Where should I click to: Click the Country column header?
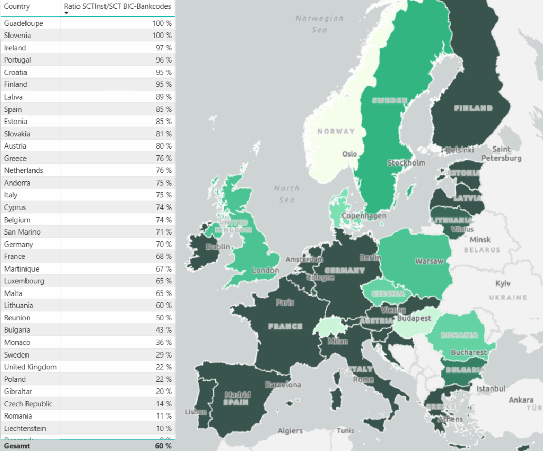click(x=17, y=7)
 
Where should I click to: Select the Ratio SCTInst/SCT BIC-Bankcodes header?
click(x=117, y=7)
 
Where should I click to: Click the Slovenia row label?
click(x=17, y=36)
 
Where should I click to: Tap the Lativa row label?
click(x=13, y=97)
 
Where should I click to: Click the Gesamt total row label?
click(x=17, y=446)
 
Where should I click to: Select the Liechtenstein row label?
click(x=25, y=429)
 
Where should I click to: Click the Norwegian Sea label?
click(x=319, y=24)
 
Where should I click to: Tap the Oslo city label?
click(x=349, y=154)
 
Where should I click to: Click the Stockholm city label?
click(x=406, y=163)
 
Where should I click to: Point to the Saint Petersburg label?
click(x=501, y=154)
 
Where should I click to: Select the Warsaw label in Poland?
click(x=429, y=262)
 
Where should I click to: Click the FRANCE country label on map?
click(x=285, y=326)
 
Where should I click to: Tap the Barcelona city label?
click(x=283, y=385)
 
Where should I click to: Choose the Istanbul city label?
click(x=491, y=389)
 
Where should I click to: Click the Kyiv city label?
click(x=503, y=284)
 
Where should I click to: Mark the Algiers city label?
click(x=290, y=431)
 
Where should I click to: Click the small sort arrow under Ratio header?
click(x=66, y=13)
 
